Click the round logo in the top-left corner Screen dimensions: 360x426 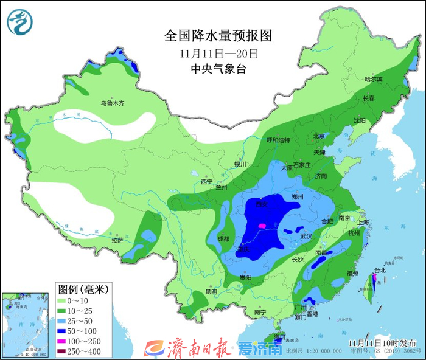click(x=21, y=22)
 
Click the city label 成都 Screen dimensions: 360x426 click(x=222, y=239)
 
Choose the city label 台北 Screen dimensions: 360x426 click(x=379, y=270)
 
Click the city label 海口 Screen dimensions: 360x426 click(x=279, y=336)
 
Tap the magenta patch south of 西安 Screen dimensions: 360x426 click(x=262, y=226)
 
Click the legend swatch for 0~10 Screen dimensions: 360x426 click(x=64, y=300)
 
